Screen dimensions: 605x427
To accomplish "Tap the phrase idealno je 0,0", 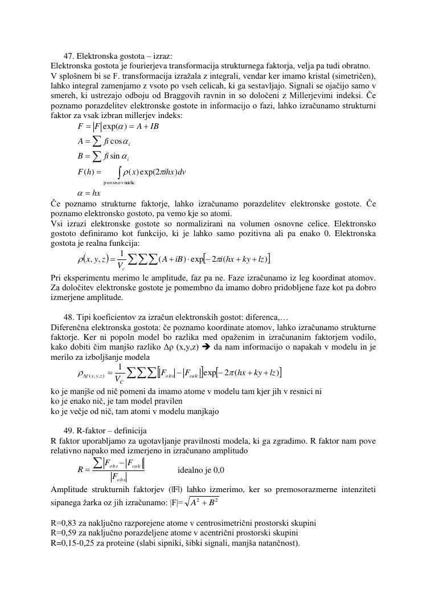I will click(x=201, y=470).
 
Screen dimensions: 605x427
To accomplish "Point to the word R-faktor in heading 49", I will click(x=92, y=431).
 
